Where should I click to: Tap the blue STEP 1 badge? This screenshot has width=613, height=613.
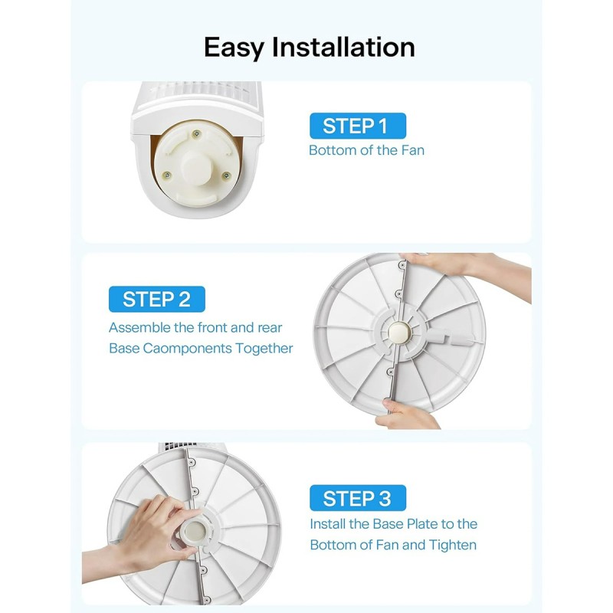(x=357, y=126)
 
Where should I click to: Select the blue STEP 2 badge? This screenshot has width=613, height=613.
(x=156, y=299)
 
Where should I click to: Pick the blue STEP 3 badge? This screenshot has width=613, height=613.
(x=357, y=499)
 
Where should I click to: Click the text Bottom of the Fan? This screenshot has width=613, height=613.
(x=366, y=150)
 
